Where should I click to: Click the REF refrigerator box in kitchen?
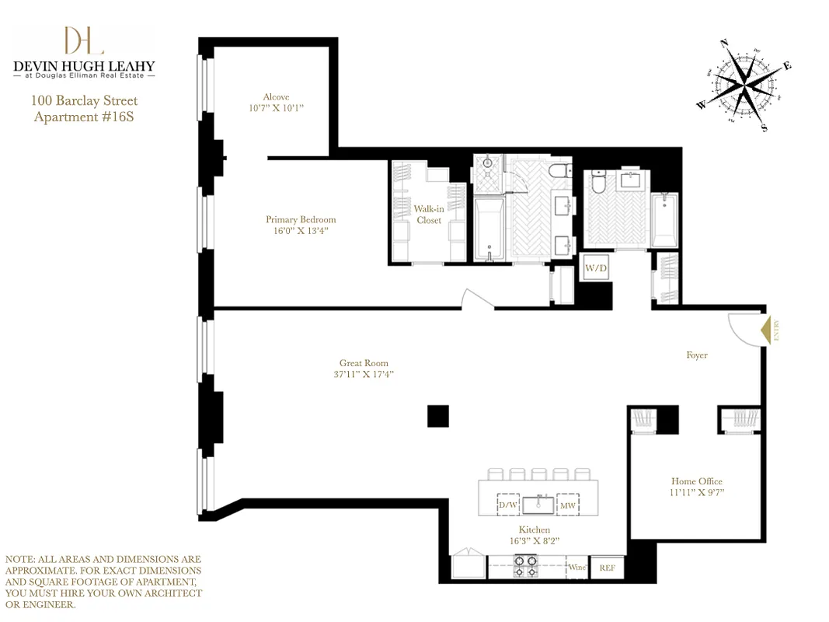tap(607, 568)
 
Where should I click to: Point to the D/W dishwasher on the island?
tap(508, 505)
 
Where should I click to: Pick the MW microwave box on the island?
tap(568, 505)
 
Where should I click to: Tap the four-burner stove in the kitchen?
tap(525, 566)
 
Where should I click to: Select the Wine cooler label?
tap(576, 568)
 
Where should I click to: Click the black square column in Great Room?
tap(438, 417)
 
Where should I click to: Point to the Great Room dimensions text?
tap(364, 375)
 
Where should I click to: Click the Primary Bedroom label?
tap(301, 220)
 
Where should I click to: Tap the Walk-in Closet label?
tap(428, 215)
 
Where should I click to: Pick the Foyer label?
tap(696, 355)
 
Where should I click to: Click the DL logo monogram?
tap(83, 41)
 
